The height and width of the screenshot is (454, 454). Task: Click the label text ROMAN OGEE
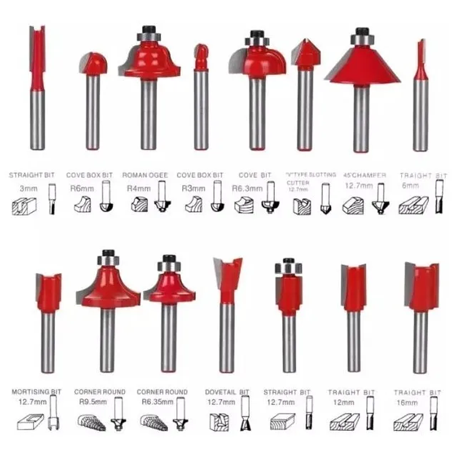tap(144, 175)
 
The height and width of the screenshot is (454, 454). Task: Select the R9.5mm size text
tap(88, 402)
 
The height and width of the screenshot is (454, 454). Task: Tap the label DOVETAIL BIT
tap(227, 392)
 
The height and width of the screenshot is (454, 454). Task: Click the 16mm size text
tap(408, 403)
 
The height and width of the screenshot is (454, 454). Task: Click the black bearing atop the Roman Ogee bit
tap(148, 30)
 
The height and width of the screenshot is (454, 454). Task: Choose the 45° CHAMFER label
tap(364, 175)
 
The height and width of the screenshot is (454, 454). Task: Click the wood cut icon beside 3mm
tap(24, 204)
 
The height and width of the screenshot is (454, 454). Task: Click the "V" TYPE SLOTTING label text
tap(311, 175)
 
